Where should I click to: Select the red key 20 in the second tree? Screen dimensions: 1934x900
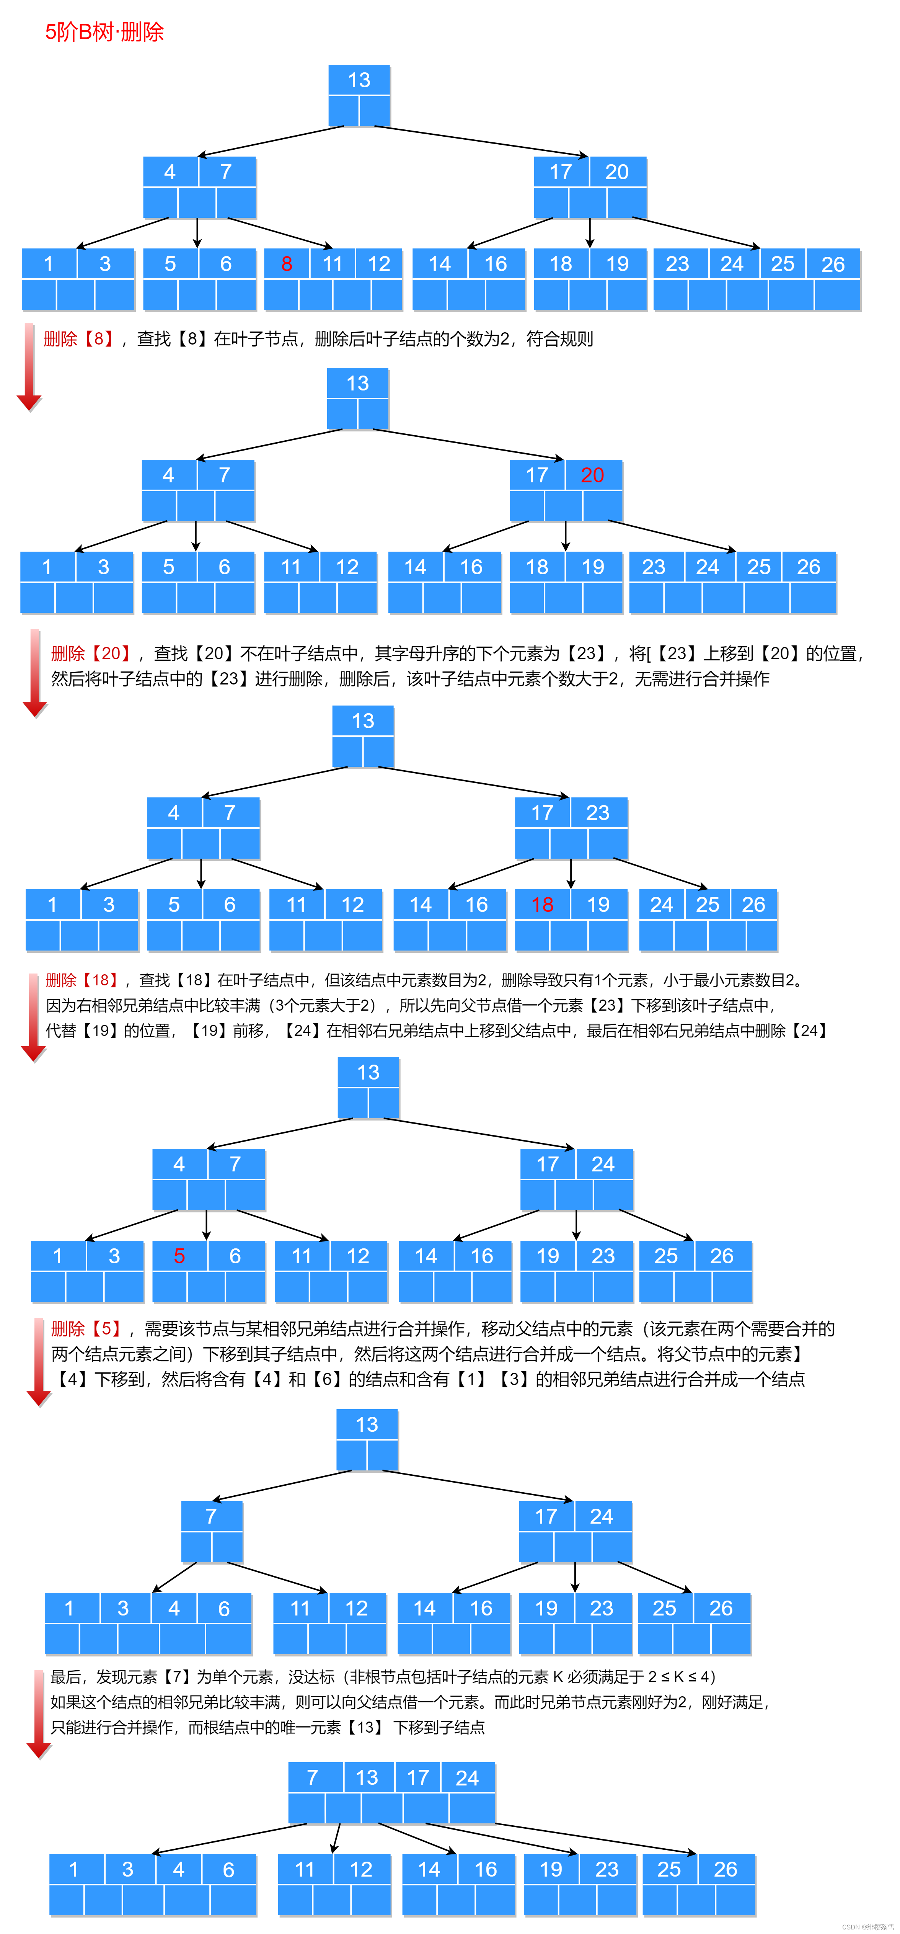click(x=592, y=475)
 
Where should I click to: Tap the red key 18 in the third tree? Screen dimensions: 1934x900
click(x=542, y=905)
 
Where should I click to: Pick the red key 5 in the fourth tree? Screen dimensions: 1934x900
click(x=179, y=1256)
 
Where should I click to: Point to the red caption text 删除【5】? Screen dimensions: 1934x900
click(x=86, y=1329)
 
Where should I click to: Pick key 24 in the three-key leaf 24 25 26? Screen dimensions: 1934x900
click(x=661, y=905)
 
